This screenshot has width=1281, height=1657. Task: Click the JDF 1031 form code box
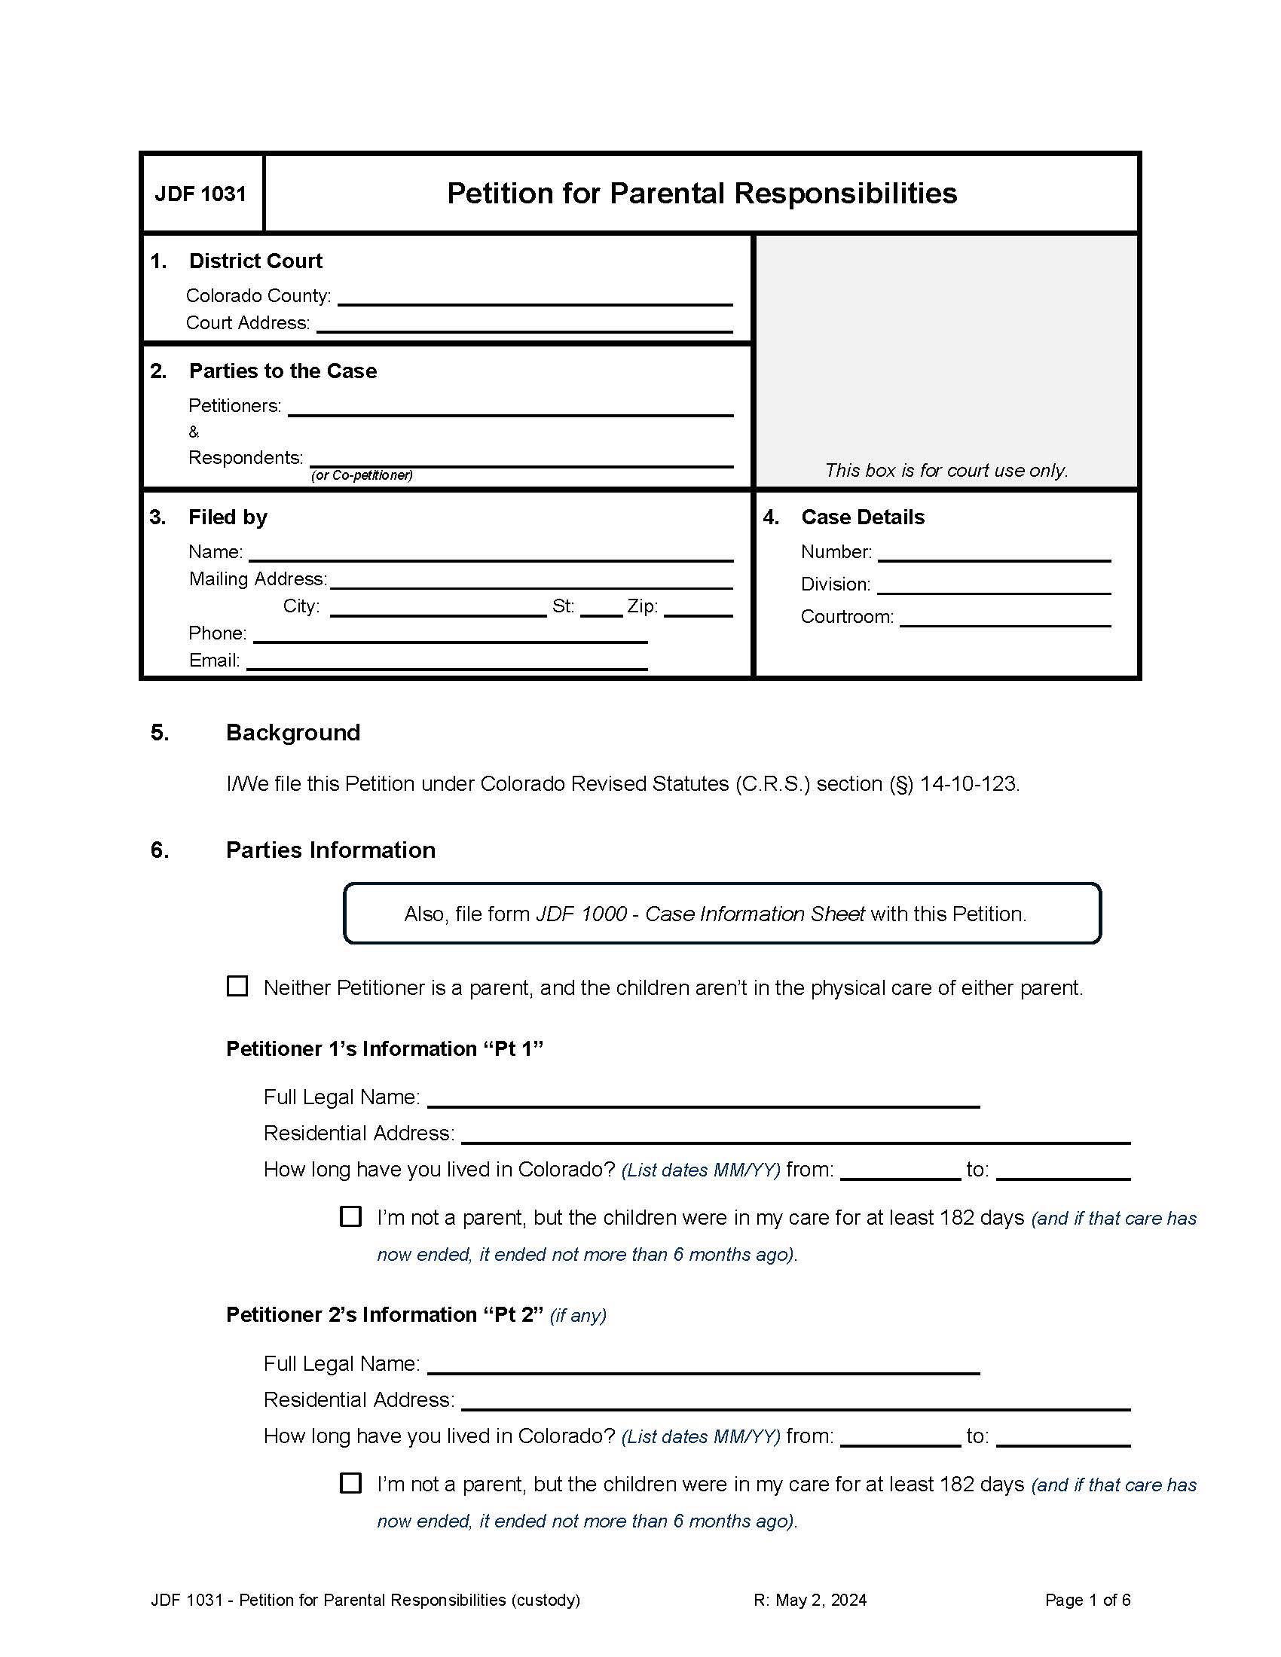click(201, 194)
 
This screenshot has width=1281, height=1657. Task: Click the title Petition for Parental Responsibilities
click(702, 194)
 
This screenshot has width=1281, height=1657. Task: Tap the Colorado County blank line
click(534, 297)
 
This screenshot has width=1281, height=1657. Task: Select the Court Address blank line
click(524, 324)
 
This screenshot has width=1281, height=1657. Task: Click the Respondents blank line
click(521, 458)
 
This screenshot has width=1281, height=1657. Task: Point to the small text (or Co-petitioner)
click(361, 476)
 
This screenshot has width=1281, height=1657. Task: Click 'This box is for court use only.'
click(946, 471)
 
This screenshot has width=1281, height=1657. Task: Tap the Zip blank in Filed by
click(698, 609)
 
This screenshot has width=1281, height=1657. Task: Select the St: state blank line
click(601, 609)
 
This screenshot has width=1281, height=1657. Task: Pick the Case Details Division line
click(993, 586)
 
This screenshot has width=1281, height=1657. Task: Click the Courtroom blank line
click(1004, 618)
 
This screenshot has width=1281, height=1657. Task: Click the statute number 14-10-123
click(968, 784)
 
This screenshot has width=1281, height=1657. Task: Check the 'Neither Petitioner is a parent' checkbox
click(237, 987)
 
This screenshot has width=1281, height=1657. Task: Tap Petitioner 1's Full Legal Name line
click(703, 1099)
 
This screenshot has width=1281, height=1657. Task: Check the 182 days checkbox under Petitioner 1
click(350, 1217)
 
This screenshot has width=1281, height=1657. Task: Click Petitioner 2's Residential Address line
click(795, 1402)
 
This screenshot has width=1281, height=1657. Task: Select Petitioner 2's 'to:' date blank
click(1062, 1438)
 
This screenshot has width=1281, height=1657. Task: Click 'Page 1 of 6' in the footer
click(1087, 1600)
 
